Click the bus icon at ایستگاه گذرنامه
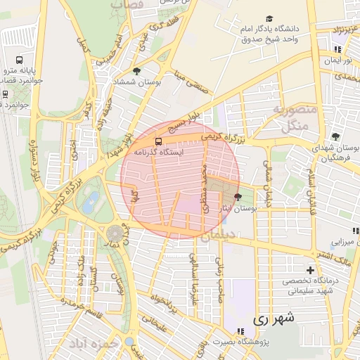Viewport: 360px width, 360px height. point(156,141)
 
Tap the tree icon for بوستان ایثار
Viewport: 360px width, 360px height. point(237,197)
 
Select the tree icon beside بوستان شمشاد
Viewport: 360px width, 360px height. point(136,71)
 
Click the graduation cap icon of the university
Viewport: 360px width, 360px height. point(270,19)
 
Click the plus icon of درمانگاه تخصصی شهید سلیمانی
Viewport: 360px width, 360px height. point(310,270)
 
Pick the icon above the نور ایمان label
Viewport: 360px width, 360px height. point(338,49)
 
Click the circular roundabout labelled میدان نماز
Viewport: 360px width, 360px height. point(113,233)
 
